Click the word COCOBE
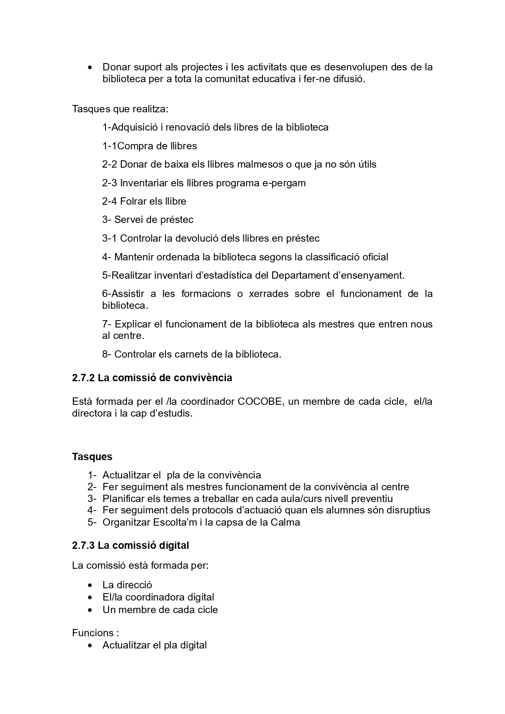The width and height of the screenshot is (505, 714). (259, 402)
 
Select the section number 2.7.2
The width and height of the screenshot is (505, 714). (83, 378)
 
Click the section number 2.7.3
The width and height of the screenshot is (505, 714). (83, 545)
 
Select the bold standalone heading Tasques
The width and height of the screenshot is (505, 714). (92, 456)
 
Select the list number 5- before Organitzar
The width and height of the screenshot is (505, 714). (92, 522)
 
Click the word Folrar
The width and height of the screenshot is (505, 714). (133, 201)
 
